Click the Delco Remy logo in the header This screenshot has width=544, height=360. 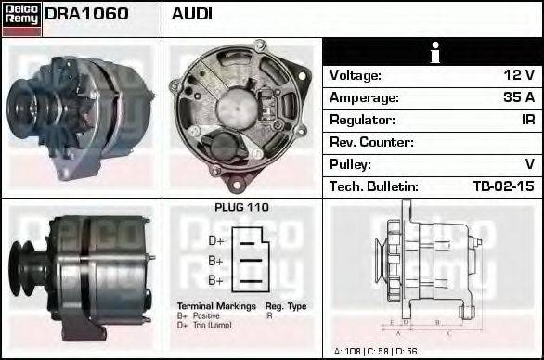click(21, 18)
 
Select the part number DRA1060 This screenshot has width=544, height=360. click(87, 14)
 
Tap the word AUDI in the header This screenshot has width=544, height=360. click(192, 14)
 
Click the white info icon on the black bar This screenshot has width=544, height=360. click(433, 52)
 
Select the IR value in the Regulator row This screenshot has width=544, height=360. click(526, 120)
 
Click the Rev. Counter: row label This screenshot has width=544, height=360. click(371, 142)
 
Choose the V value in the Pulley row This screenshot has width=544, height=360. click(529, 164)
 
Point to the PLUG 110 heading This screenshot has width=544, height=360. click(241, 208)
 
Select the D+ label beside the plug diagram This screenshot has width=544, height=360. click(215, 239)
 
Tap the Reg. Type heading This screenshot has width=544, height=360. click(286, 305)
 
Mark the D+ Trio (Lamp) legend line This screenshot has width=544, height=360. click(207, 325)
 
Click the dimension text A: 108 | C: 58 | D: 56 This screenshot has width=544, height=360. click(375, 352)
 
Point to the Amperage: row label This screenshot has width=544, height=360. click(366, 97)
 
